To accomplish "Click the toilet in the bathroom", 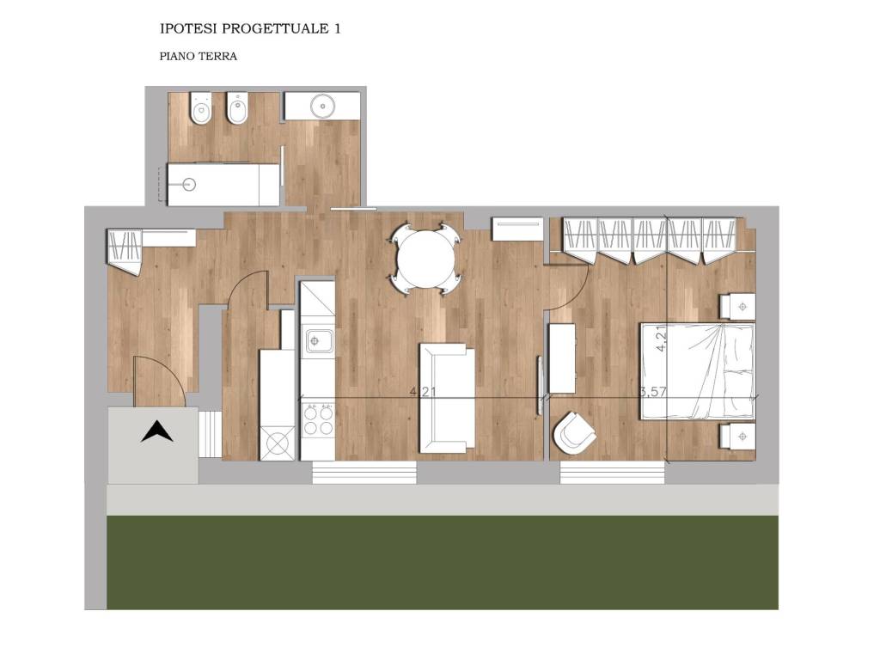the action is [x=201, y=109].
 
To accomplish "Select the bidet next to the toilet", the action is [x=238, y=108].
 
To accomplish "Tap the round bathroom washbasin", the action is [x=323, y=105].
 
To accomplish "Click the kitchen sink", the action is [x=319, y=340].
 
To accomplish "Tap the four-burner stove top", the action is [x=318, y=420].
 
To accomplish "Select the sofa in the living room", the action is [x=447, y=399].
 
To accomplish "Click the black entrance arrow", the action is [x=156, y=431].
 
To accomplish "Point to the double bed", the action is [x=698, y=370].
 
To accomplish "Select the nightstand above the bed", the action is [x=737, y=307].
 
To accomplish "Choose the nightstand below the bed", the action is [x=737, y=436].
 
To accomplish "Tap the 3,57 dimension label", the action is [x=653, y=391].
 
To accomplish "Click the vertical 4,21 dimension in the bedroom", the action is [x=663, y=339].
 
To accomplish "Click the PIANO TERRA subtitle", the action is [x=199, y=56].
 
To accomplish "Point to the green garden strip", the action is [x=443, y=562].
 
